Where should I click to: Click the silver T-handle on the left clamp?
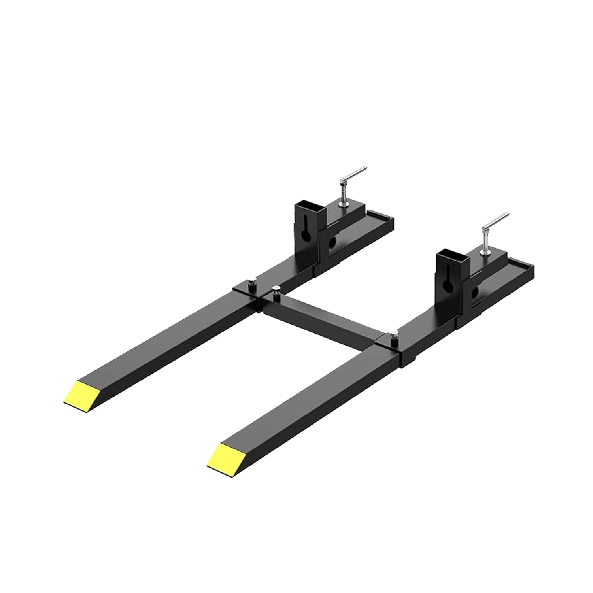353,174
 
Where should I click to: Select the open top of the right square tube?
452,252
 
